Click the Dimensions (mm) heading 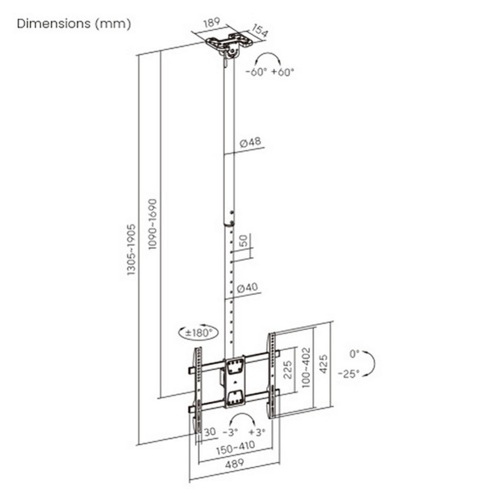tap(74, 24)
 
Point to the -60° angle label tap(256, 72)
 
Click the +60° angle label tap(282, 72)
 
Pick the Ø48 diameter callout tap(250, 142)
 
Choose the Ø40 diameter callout tap(247, 288)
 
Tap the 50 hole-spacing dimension tap(244, 241)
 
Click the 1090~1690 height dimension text tap(153, 224)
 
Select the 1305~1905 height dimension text tap(131, 250)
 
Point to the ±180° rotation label tap(199, 333)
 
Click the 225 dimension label tap(288, 370)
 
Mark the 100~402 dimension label tap(306, 367)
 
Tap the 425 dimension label tap(323, 364)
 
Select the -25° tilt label tap(349, 373)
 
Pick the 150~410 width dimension tap(236, 447)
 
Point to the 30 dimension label tap(210, 432)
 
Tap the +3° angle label tap(257, 433)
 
